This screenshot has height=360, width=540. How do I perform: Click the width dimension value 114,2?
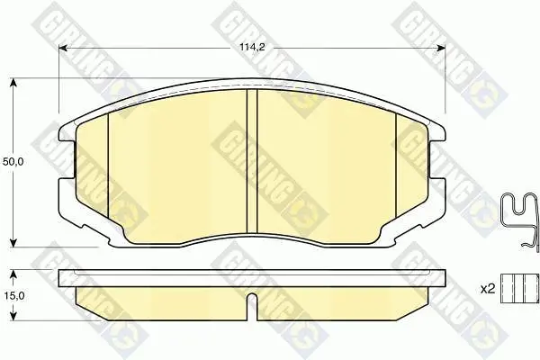click(252, 48)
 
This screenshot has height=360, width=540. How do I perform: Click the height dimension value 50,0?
click(13, 162)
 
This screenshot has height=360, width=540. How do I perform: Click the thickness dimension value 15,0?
click(13, 295)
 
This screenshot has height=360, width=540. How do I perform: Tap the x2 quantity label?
click(488, 289)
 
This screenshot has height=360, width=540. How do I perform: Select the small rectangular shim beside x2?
click(519, 289)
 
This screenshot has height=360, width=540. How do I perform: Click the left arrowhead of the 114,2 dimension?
click(63, 49)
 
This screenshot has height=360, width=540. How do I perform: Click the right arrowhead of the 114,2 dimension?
click(441, 49)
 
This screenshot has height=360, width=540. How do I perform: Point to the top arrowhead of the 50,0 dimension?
click(13, 83)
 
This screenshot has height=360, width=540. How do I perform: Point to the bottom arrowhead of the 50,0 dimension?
click(13, 242)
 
